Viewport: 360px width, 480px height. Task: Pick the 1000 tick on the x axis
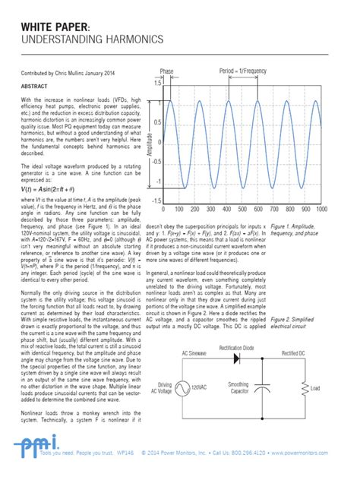pos(343,209)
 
